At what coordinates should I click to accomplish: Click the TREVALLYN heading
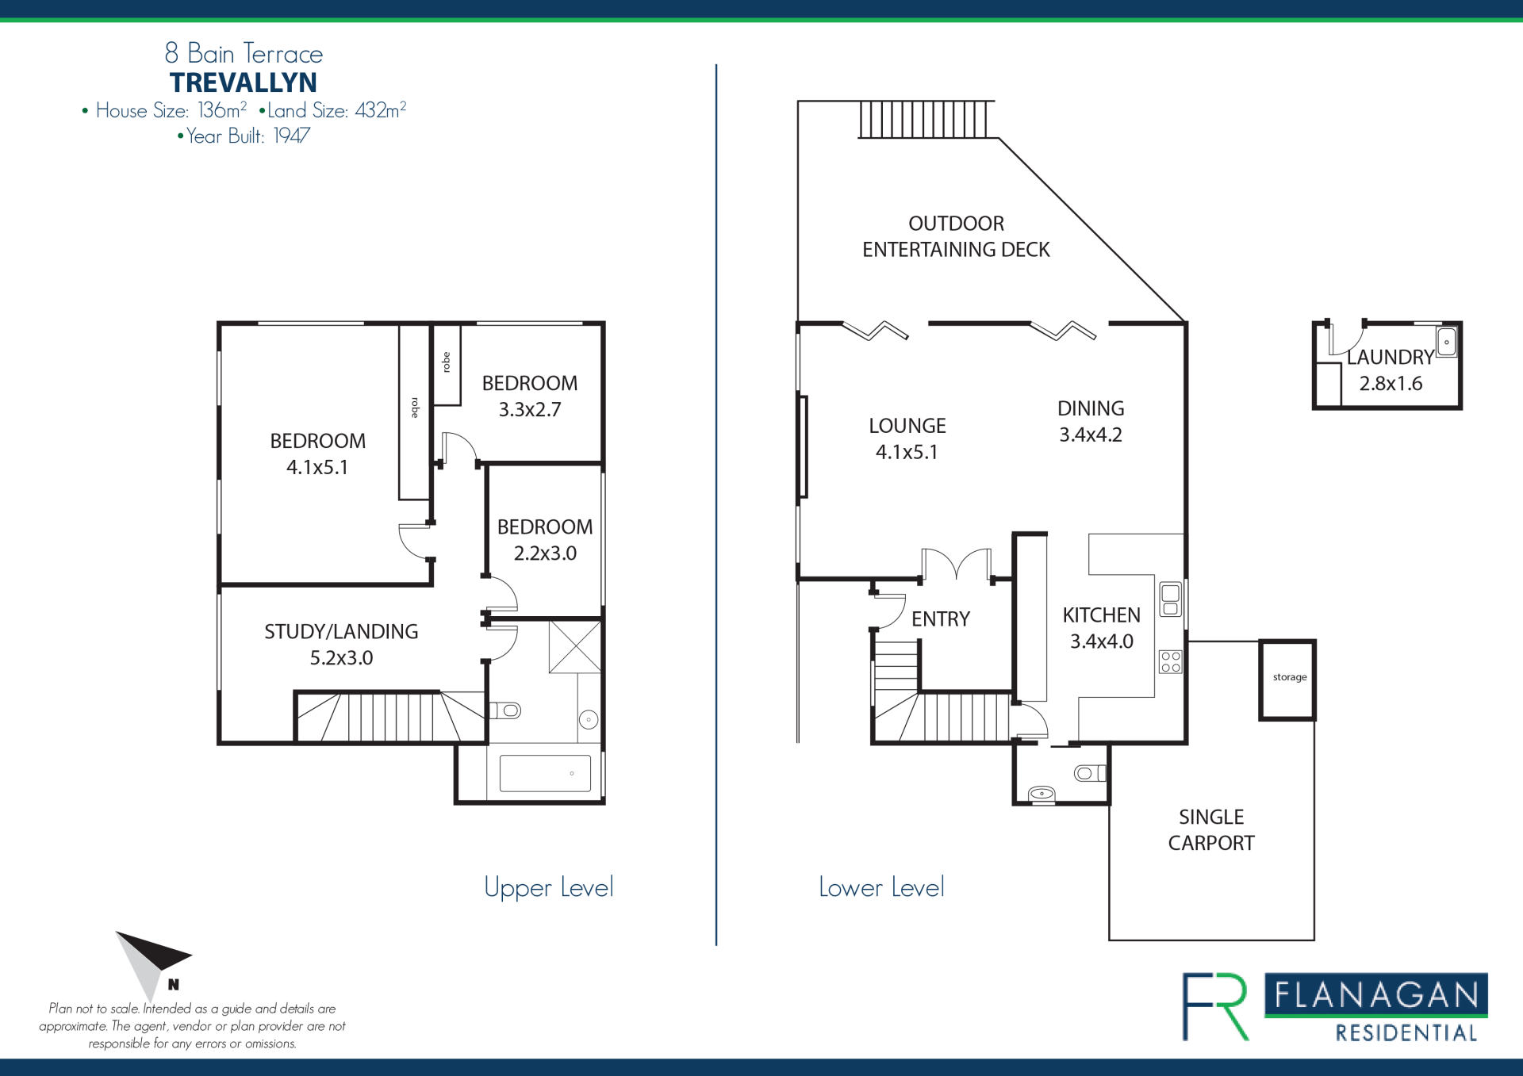[x=244, y=82]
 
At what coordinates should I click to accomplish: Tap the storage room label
[x=1290, y=677]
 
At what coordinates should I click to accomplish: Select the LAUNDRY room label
[x=1391, y=357]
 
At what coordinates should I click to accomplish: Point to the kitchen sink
[x=1171, y=599]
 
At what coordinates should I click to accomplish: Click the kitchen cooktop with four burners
[x=1171, y=662]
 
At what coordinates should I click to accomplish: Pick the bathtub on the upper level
[x=545, y=773]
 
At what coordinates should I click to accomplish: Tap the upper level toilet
[x=505, y=710]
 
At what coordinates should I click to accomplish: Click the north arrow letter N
[x=174, y=985]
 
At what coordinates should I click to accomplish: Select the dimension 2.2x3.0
[x=545, y=553]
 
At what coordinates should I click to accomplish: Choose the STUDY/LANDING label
[x=341, y=632]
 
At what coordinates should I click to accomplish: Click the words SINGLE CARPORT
[x=1211, y=830]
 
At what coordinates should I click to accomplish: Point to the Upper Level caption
[x=549, y=888]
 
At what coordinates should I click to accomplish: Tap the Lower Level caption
[x=881, y=887]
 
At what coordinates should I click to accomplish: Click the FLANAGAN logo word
[x=1376, y=995]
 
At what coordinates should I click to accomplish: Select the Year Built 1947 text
[x=244, y=136]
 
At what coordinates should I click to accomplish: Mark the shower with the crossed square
[x=575, y=647]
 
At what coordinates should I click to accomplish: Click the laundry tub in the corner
[x=1447, y=342]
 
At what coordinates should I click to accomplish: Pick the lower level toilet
[x=1090, y=773]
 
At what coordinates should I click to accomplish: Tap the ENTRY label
[x=941, y=619]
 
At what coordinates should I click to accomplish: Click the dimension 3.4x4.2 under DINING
[x=1091, y=435]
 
